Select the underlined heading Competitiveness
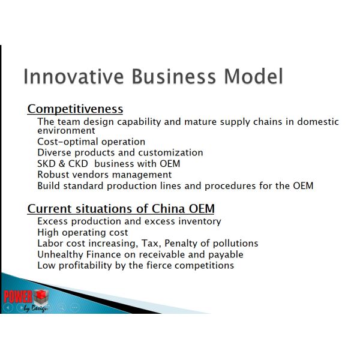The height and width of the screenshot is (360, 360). point(75,109)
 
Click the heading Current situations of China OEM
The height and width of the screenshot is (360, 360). point(121,209)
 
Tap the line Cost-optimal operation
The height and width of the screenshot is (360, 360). point(91,142)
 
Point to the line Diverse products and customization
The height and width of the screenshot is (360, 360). point(120,152)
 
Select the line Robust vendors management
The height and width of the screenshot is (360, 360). point(104,175)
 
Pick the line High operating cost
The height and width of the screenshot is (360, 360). point(82,232)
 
